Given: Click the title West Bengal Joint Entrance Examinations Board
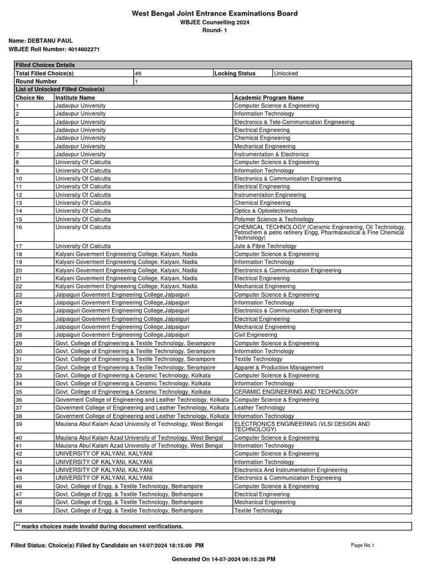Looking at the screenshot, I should point(214,13).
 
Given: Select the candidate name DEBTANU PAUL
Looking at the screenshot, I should point(54,41).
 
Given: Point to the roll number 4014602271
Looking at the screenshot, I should point(80,49).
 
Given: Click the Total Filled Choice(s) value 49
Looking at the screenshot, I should point(139,73).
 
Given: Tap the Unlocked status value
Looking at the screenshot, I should point(286,73).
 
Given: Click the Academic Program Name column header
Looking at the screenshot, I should point(269,98).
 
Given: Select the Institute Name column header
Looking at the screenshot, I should point(75,98).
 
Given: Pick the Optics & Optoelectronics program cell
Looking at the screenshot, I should point(266,211).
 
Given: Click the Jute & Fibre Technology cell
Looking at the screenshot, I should point(265,246).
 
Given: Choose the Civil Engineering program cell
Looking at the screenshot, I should point(256,335).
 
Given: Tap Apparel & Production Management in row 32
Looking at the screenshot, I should point(278,367).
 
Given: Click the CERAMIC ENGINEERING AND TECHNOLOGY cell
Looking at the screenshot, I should point(296,392).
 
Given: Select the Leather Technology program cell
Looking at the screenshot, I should point(260,408).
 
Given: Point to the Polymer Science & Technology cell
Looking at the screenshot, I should point(274,219).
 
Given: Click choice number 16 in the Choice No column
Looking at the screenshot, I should point(19,227).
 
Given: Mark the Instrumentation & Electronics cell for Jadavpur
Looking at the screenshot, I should point(271,154).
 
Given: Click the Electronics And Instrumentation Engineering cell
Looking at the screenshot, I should point(291,470).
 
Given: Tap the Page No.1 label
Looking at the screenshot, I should point(363,545).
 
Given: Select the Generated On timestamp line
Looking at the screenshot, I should point(224,559).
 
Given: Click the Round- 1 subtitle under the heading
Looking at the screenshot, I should point(214,30).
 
